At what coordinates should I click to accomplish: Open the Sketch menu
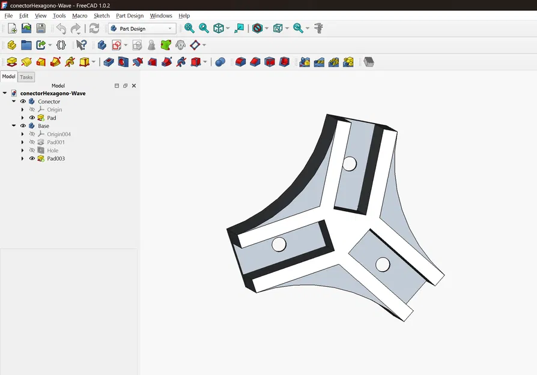click(x=102, y=16)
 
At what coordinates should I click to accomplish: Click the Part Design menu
click(x=130, y=16)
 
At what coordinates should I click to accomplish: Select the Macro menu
click(x=79, y=16)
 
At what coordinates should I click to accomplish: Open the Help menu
click(x=184, y=16)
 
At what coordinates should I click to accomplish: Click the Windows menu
click(x=161, y=16)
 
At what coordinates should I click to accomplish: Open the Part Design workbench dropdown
click(x=142, y=29)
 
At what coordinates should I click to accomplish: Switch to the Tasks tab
click(x=26, y=77)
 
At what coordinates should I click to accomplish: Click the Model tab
click(x=8, y=77)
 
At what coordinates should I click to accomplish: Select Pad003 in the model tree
click(x=56, y=158)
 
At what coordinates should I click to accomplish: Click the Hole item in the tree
click(x=53, y=151)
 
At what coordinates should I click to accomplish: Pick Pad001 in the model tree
click(x=56, y=142)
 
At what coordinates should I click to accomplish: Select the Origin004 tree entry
click(x=59, y=134)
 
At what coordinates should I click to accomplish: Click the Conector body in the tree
click(x=49, y=101)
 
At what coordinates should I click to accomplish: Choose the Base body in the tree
click(x=44, y=126)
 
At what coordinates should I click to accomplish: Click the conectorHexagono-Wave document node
click(x=53, y=94)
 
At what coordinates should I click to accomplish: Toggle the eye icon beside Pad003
click(x=32, y=158)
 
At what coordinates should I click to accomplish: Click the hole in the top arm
click(x=349, y=163)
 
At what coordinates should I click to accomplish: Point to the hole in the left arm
click(x=279, y=244)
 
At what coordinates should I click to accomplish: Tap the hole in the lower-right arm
click(x=382, y=263)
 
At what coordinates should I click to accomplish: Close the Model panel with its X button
click(x=134, y=86)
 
